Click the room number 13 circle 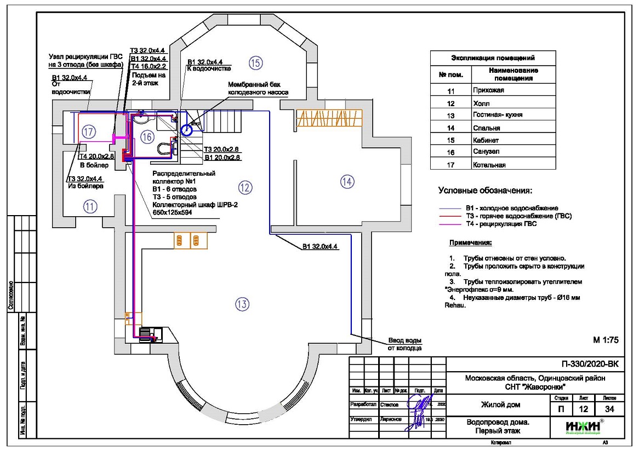pos(242,304)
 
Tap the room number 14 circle pos(347,182)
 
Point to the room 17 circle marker pos(89,131)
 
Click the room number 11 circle pos(89,206)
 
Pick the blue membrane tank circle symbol pos(186,130)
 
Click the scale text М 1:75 pos(606,339)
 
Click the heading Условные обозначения pos(484,190)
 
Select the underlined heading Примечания pos(470,242)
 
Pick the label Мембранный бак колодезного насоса pos(258,89)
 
